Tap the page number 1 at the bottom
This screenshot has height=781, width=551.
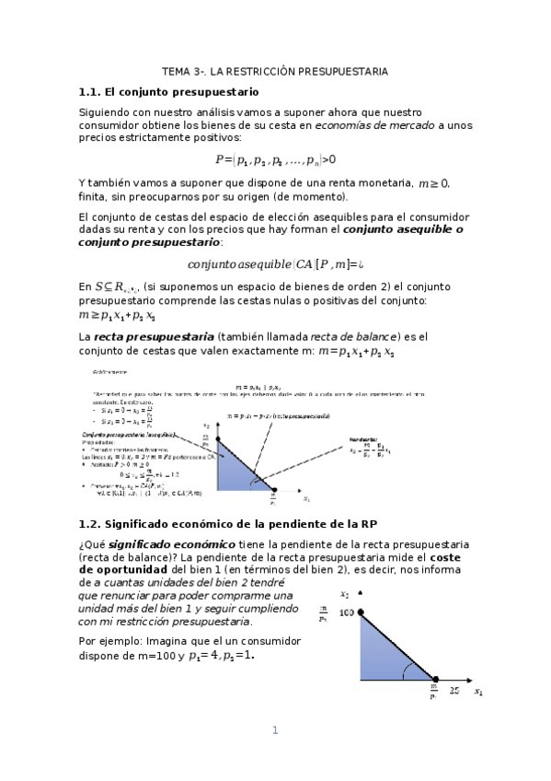tap(274, 730)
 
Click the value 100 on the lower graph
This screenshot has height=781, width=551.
tap(345, 612)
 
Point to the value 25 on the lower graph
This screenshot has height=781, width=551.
tap(454, 689)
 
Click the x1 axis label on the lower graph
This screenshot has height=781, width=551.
tap(478, 690)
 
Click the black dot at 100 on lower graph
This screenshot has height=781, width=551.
tap(361, 612)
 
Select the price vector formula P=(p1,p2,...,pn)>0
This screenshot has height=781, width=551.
tap(275, 158)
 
